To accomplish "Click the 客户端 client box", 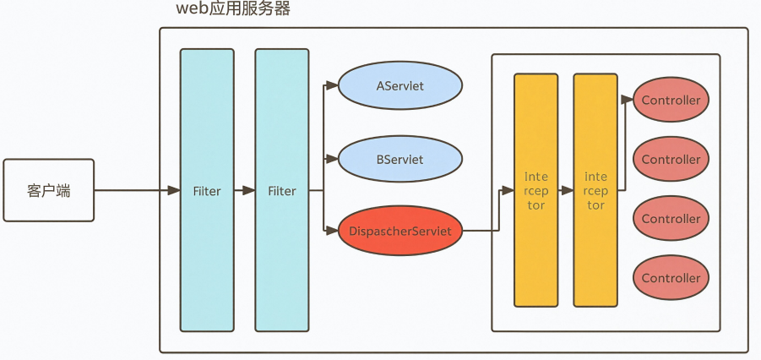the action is [48, 190].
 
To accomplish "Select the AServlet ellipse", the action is [400, 85].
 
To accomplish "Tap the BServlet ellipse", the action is [400, 159].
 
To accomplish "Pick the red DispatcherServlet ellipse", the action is [400, 231].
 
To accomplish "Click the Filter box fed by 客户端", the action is [207, 190].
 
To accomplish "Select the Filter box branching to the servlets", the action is [282, 190].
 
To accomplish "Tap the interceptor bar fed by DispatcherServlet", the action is [535, 190].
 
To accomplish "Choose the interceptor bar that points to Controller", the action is [595, 190].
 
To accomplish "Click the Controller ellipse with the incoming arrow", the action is [671, 100].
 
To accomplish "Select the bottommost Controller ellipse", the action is [671, 278].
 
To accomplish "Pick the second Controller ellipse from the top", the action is [671, 159].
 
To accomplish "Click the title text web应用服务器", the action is [233, 8].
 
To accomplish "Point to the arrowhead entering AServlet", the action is [331, 85].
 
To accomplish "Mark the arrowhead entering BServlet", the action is [331, 159].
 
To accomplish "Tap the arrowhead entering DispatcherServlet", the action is [331, 231].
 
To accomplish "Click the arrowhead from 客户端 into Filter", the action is [174, 190].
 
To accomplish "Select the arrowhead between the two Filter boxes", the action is [249, 190].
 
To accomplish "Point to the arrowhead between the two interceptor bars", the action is [567, 190].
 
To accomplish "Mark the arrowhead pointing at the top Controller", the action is [627, 100].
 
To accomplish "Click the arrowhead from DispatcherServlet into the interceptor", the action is [508, 190].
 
